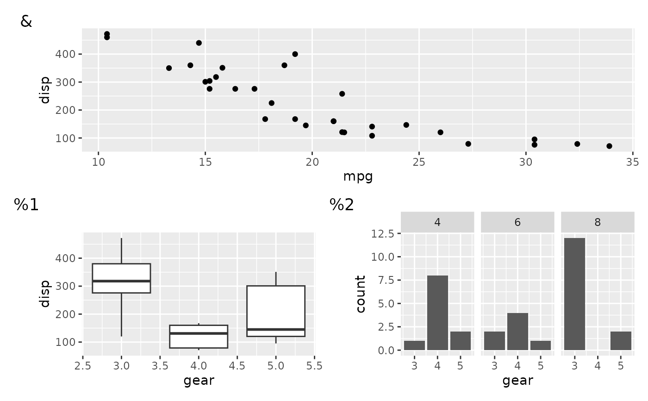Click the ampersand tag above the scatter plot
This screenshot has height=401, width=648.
[26, 22]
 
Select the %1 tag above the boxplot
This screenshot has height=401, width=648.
[26, 205]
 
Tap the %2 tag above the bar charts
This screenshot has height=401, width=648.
[342, 205]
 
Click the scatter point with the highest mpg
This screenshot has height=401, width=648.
[609, 146]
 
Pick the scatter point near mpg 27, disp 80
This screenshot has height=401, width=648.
[468, 144]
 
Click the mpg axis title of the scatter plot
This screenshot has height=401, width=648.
[358, 176]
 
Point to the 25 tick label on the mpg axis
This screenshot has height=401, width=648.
[419, 162]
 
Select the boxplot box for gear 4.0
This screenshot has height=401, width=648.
[199, 337]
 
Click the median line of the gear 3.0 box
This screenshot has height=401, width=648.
[121, 281]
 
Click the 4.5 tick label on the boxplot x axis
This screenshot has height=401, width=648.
[237, 366]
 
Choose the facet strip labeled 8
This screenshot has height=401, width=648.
[598, 222]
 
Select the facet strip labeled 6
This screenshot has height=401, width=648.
[517, 222]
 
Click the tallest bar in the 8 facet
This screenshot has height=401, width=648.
[574, 294]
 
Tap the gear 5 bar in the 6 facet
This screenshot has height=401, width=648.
[541, 345]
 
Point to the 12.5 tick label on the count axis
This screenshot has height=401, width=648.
[382, 233]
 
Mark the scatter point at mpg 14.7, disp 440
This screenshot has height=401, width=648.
[199, 43]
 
